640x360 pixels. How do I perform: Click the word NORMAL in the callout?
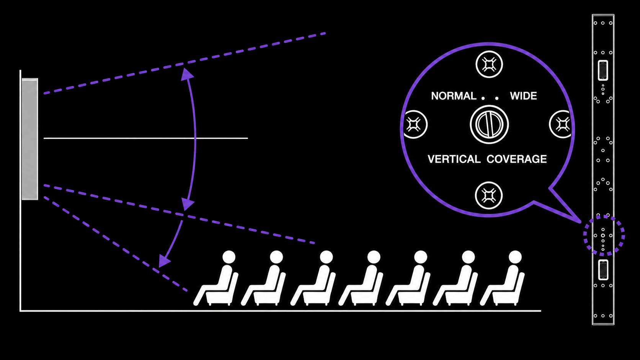tap(454, 96)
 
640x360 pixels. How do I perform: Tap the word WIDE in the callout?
tap(523, 96)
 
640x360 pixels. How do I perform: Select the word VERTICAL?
tap(454, 159)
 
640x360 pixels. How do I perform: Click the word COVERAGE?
tap(517, 159)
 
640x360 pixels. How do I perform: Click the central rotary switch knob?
tap(489, 124)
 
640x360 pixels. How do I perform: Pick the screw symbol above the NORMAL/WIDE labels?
tap(489, 65)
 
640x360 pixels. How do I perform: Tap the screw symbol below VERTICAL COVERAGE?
tap(488, 195)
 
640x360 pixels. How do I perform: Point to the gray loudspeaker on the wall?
tap(30, 139)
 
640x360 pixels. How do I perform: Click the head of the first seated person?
tap(229, 257)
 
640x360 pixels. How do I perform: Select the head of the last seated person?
tap(515, 257)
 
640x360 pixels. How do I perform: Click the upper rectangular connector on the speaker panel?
tap(603, 70)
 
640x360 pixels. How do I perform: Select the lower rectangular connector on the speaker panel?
tap(603, 270)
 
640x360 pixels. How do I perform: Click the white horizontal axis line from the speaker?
tap(146, 138)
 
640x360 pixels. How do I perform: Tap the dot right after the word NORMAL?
tap(483, 98)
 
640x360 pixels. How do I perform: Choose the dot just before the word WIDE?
tap(497, 98)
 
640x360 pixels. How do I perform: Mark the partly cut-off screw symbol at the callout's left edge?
tap(415, 124)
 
